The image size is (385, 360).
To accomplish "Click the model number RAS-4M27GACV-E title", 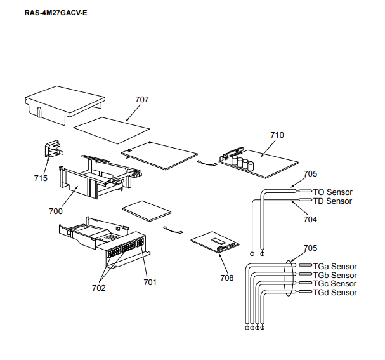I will click(46, 13).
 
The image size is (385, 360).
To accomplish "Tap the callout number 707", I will click(142, 99).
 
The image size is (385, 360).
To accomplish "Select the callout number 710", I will click(277, 135).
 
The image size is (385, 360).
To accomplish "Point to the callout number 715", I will click(41, 178).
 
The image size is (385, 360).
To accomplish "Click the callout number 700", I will click(56, 211).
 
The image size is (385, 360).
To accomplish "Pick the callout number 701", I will click(150, 281).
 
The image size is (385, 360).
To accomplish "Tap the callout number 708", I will click(227, 277).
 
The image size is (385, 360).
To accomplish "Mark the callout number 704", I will click(310, 219).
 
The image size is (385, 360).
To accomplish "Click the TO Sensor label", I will click(333, 192).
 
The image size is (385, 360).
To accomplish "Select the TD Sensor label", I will click(333, 201).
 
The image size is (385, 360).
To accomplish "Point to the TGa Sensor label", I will click(335, 267).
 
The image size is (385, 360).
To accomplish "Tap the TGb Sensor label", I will click(335, 276).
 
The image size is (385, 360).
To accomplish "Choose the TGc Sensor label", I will click(335, 284).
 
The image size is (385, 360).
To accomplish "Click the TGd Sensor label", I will click(335, 293).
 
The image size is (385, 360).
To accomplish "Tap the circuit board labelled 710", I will click(260, 163).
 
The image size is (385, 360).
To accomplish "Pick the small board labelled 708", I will click(216, 242).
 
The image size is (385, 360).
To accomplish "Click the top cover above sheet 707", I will click(63, 102).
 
